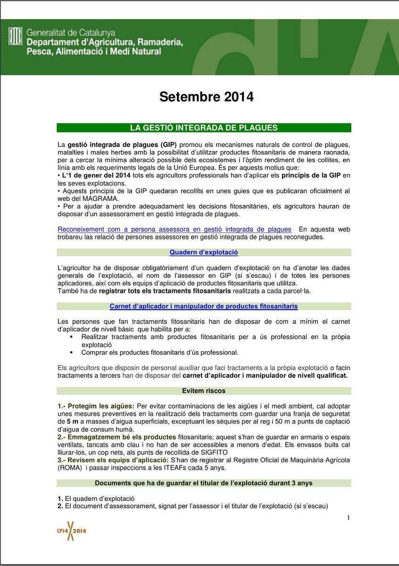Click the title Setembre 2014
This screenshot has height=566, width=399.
tap(206, 97)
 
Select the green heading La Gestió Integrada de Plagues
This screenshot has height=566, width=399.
tap(204, 128)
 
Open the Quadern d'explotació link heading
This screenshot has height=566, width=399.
tap(204, 252)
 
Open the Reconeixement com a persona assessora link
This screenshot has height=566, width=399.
tap(175, 229)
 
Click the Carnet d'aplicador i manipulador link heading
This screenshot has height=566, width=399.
tap(204, 306)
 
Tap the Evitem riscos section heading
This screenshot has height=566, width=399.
tap(204, 391)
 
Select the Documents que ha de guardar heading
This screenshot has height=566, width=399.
tap(204, 483)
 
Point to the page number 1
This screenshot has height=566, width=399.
tap(349, 518)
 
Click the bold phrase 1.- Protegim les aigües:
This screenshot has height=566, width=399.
tap(96, 406)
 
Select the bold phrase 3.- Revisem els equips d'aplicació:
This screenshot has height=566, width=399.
tap(111, 460)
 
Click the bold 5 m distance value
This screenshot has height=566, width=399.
tap(73, 421)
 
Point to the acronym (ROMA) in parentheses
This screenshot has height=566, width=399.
tap(71, 468)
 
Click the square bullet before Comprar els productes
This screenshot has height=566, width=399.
tap(71, 352)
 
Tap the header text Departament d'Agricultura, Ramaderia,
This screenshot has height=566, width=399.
tap(105, 42)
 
